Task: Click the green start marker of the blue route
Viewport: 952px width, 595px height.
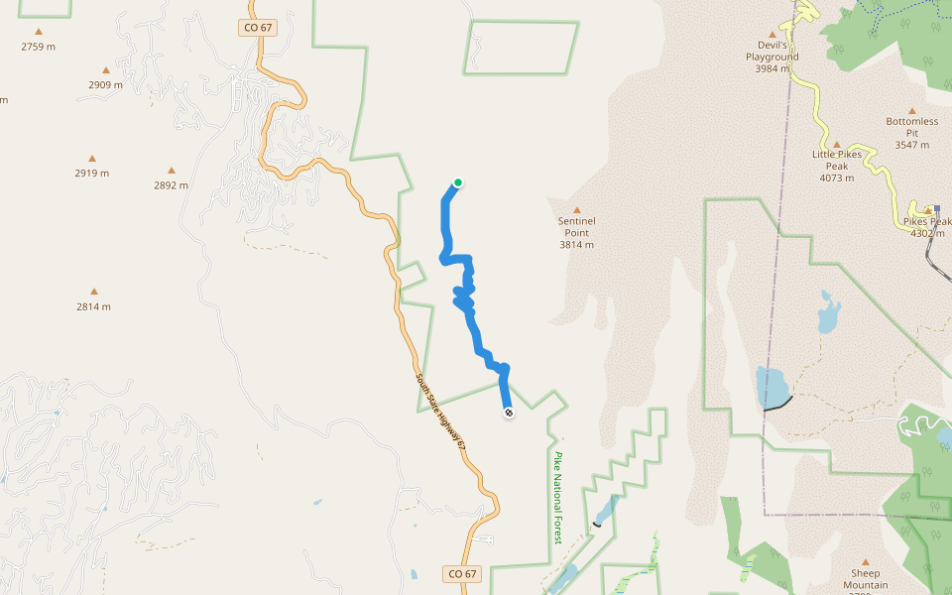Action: [458, 182]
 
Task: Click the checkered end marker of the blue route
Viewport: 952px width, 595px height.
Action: [509, 413]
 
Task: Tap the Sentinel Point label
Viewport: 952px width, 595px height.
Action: [576, 226]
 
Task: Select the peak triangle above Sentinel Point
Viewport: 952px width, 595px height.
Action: [576, 209]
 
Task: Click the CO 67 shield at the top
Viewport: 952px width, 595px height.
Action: [257, 28]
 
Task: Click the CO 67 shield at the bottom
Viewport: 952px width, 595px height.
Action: [462, 573]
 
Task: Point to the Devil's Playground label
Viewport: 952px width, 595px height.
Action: [773, 51]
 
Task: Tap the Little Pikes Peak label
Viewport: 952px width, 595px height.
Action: [836, 160]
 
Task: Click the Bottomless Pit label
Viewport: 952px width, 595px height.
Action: [910, 127]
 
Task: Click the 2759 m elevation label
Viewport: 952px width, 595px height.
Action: [38, 47]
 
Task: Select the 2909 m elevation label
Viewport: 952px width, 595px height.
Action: [105, 84]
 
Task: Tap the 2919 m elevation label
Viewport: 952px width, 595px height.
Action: [91, 173]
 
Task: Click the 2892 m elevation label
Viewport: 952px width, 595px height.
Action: [171, 184]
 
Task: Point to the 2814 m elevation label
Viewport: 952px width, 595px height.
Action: [93, 306]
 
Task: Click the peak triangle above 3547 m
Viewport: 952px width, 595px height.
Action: [910, 110]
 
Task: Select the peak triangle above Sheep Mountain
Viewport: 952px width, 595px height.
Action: [865, 561]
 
